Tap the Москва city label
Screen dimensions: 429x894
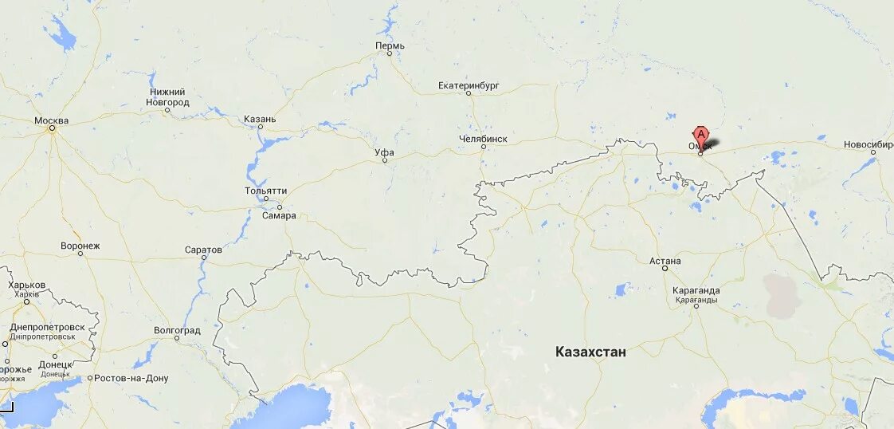pos(52,121)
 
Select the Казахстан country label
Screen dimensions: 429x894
pos(590,352)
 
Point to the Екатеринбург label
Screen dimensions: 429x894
pos(469,85)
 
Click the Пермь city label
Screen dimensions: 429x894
pos(390,45)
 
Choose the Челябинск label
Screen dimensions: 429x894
pos(483,139)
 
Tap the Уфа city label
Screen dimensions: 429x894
pos(384,152)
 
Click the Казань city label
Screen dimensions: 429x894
pos(260,120)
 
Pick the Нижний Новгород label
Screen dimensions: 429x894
pos(168,97)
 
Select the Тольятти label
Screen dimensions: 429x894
pos(266,191)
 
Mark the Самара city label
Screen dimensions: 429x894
pos(279,215)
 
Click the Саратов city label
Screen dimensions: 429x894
pos(203,250)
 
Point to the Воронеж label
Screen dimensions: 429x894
pos(80,246)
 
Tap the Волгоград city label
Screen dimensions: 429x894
pos(177,330)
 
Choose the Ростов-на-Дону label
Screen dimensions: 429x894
pos(131,378)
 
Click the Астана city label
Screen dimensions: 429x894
pos(665,261)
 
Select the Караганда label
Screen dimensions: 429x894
pos(696,291)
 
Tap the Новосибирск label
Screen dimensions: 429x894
pos(869,145)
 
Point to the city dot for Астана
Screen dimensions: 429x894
pos(665,269)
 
